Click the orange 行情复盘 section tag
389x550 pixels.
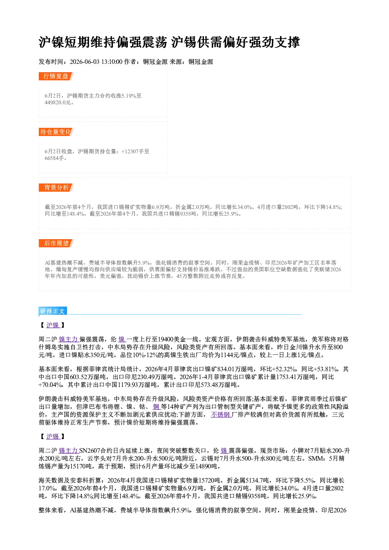tap(56, 76)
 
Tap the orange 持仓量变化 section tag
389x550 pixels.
tap(56, 132)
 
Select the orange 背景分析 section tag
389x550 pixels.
tap(56, 188)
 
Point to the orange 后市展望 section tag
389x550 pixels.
tap(56, 243)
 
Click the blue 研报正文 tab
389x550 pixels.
tap(53, 311)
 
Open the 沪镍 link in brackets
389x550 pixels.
tap(53, 325)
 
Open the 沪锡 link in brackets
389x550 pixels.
tap(53, 436)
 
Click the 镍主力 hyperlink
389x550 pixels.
tap(68, 339)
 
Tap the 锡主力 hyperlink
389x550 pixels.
tap(68, 450)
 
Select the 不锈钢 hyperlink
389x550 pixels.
tap(220, 414)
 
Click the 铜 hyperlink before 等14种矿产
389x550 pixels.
tap(156, 407)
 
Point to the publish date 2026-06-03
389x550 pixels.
tap(85, 62)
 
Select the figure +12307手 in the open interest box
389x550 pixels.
tap(132, 151)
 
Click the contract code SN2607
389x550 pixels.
tap(90, 450)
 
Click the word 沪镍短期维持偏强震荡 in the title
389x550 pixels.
tap(103, 42)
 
